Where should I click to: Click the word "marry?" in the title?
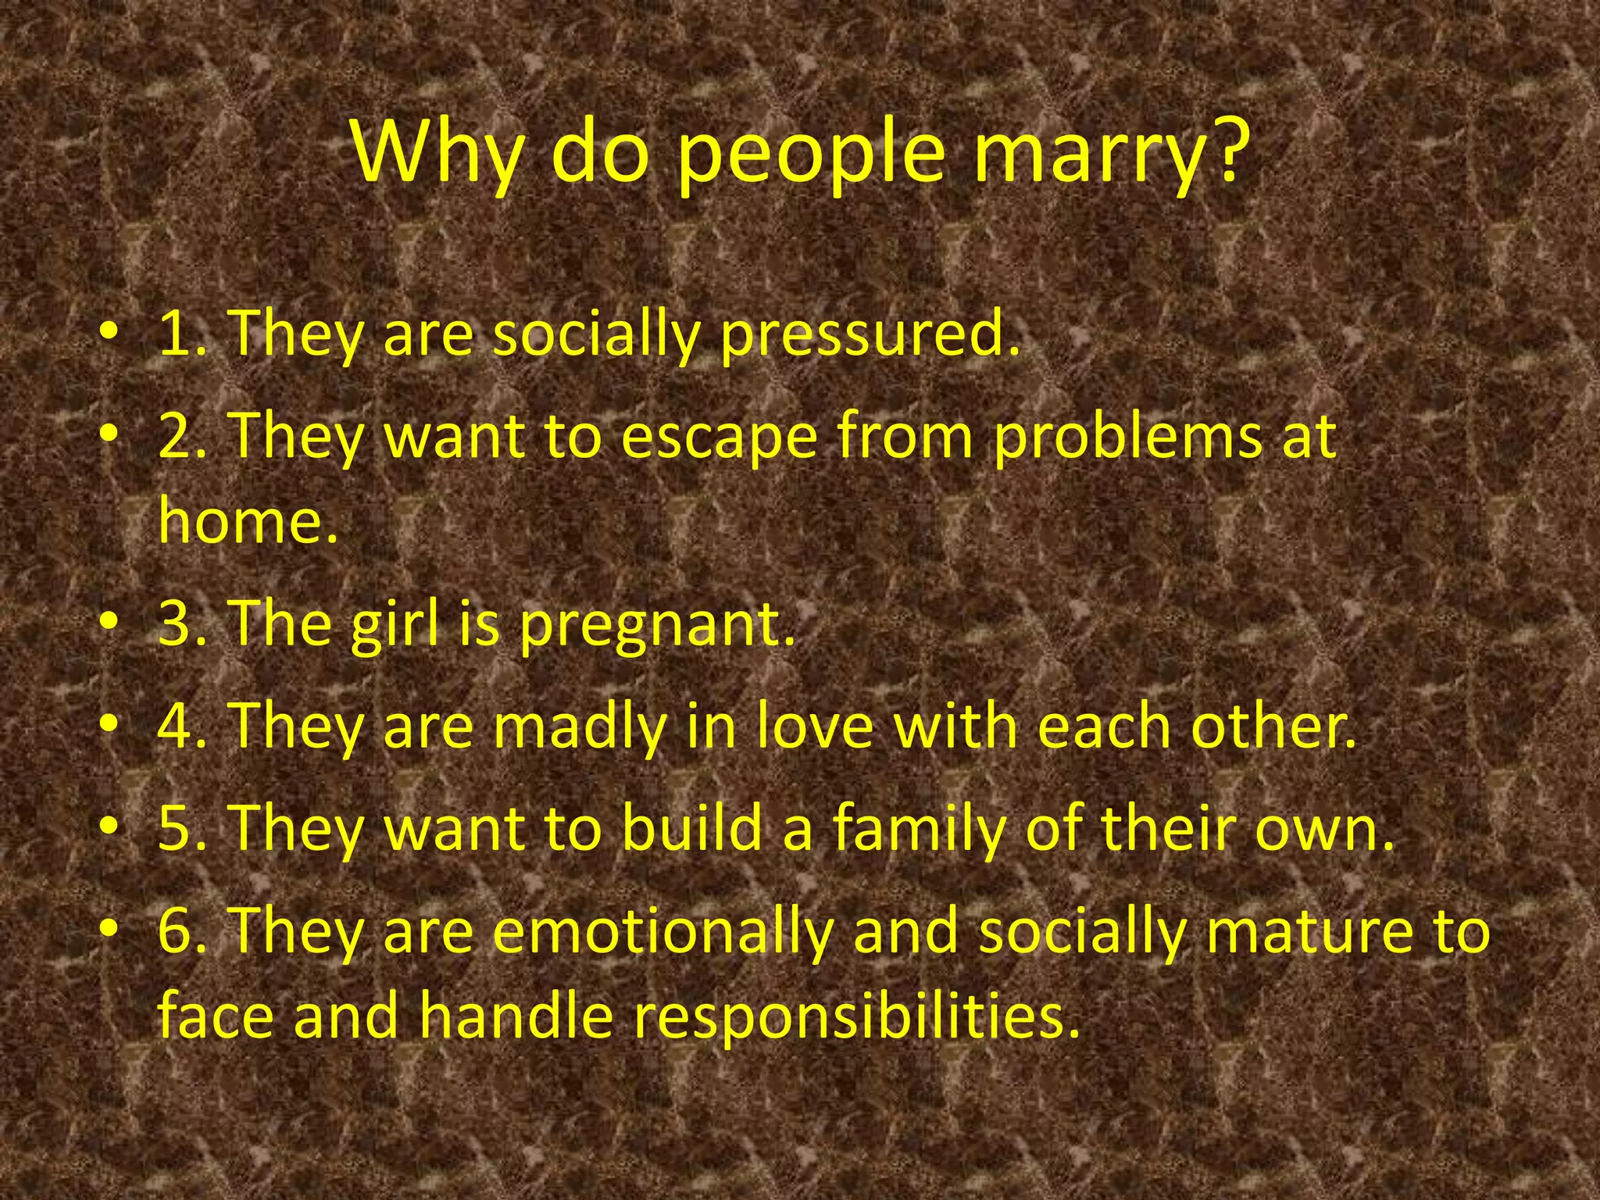coord(1108,152)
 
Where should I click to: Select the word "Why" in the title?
coord(436,152)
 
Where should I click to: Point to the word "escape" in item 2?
coord(719,437)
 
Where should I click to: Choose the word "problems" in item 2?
coord(1127,437)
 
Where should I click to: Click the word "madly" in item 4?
coord(579,726)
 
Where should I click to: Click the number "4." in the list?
coord(183,726)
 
